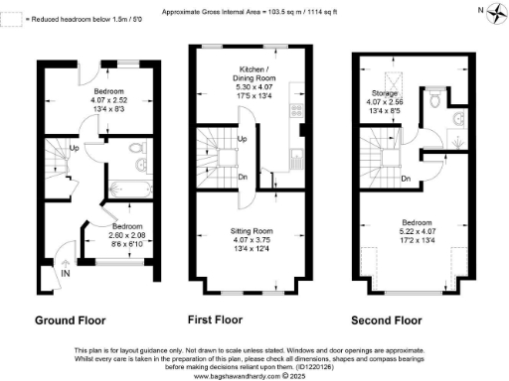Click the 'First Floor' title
coord(215,320)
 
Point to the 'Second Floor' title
coord(389,320)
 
